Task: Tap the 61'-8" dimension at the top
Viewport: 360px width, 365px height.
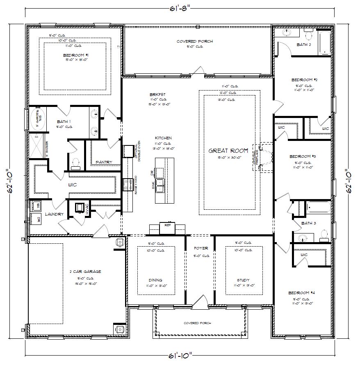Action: click(x=180, y=6)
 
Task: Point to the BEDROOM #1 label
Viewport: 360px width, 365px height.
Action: click(x=76, y=55)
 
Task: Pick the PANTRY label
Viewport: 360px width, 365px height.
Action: click(x=104, y=162)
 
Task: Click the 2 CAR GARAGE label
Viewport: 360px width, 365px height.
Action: click(x=85, y=271)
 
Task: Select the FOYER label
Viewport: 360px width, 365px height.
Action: click(x=201, y=248)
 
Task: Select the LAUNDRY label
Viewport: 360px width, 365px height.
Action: click(x=54, y=214)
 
